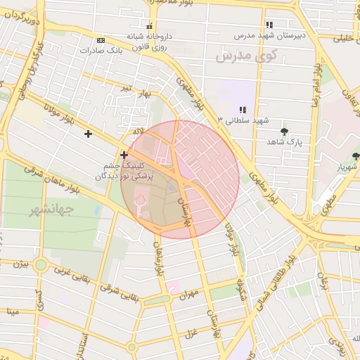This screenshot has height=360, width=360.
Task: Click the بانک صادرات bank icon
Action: click(x=101, y=39)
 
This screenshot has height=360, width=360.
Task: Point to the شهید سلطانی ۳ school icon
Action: click(x=243, y=110)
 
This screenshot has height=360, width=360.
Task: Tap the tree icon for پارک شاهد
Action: click(x=284, y=131)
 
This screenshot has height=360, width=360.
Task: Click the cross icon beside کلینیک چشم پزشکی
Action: click(x=124, y=155)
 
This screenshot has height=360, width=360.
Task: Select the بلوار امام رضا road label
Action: click(x=316, y=84)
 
